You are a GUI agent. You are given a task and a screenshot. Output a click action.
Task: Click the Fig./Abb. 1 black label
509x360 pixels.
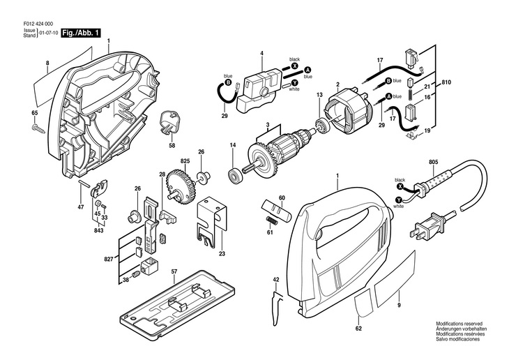pos(82,32)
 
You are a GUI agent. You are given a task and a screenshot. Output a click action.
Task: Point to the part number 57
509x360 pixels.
pos(174,271)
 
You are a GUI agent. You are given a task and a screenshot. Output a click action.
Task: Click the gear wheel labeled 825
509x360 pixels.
pos(178,189)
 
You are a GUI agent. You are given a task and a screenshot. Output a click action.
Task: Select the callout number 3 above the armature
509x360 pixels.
pos(266,125)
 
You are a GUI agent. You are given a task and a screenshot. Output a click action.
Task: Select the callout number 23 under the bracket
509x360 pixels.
pos(222,253)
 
